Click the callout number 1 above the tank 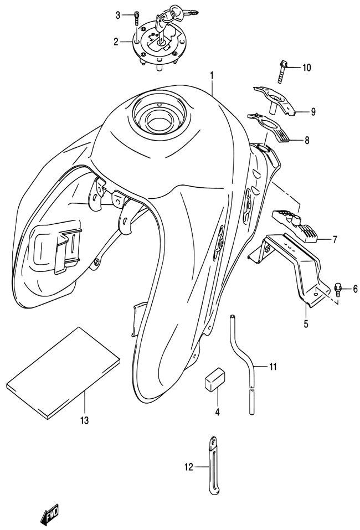point(212,76)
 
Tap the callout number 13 point(84,420)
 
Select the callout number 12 point(189,467)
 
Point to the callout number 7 point(335,240)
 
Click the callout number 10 point(306,68)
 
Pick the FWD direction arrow point(49,513)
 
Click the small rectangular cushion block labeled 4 point(215,379)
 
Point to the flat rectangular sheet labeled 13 point(63,373)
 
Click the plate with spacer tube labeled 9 point(276,99)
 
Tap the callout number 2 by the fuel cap point(116,42)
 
